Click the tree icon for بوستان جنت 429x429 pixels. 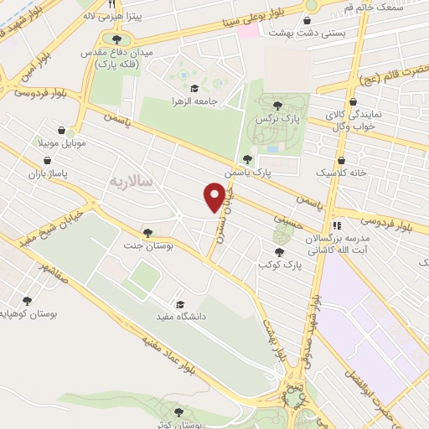(148, 233)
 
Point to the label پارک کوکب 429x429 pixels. (278, 263)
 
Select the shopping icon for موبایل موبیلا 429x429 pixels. (64, 129)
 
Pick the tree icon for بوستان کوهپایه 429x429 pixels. (27, 300)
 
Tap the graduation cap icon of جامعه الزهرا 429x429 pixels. (194, 88)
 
